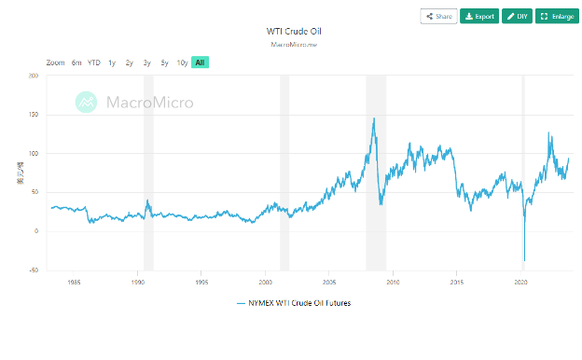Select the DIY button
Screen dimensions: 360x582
tap(518, 16)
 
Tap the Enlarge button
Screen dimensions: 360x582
tap(557, 16)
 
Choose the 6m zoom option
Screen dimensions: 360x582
tap(76, 62)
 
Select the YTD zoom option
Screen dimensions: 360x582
tap(94, 62)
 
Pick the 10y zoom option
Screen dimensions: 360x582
tap(182, 62)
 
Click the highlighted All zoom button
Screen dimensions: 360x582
tap(201, 62)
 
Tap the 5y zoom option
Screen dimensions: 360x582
tap(164, 62)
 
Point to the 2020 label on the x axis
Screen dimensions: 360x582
tap(520, 280)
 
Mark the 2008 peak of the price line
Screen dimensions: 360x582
tap(375, 118)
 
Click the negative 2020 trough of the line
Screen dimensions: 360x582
tap(524, 260)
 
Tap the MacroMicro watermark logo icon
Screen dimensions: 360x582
tap(86, 102)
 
